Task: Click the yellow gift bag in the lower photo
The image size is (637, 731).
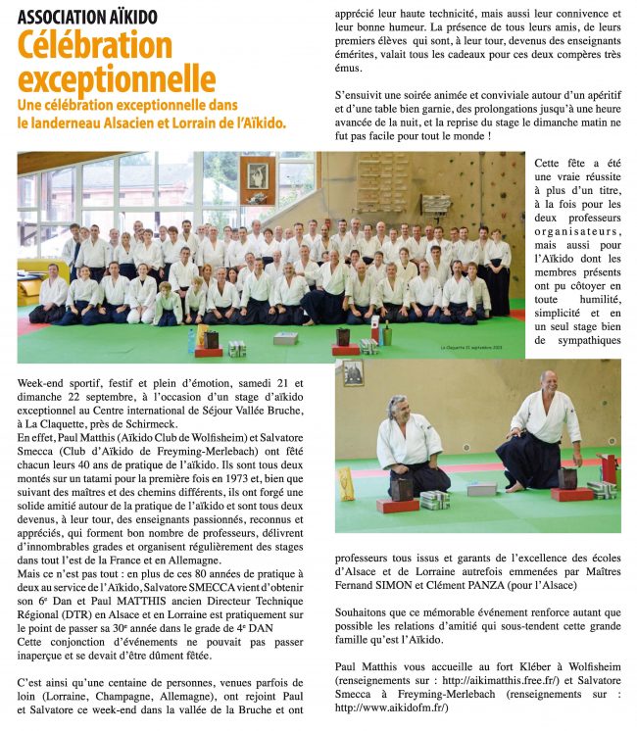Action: pos(345,482)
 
